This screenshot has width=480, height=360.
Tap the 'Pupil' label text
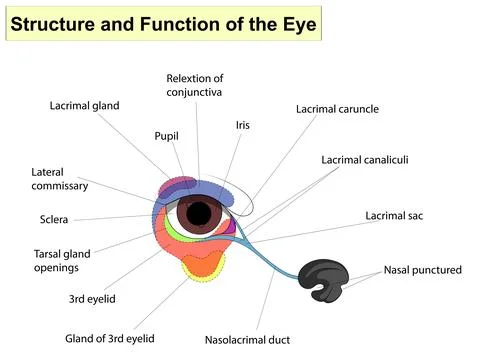click(x=167, y=136)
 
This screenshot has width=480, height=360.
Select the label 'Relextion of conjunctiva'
click(x=194, y=85)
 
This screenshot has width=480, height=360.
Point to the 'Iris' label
click(x=242, y=125)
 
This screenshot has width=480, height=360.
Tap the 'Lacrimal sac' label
click(x=392, y=215)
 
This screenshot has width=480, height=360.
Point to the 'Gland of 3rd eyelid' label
click(x=110, y=339)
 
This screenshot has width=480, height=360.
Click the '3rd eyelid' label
click(x=91, y=299)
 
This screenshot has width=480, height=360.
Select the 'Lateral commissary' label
click(x=60, y=179)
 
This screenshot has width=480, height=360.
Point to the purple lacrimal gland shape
click(x=180, y=185)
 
